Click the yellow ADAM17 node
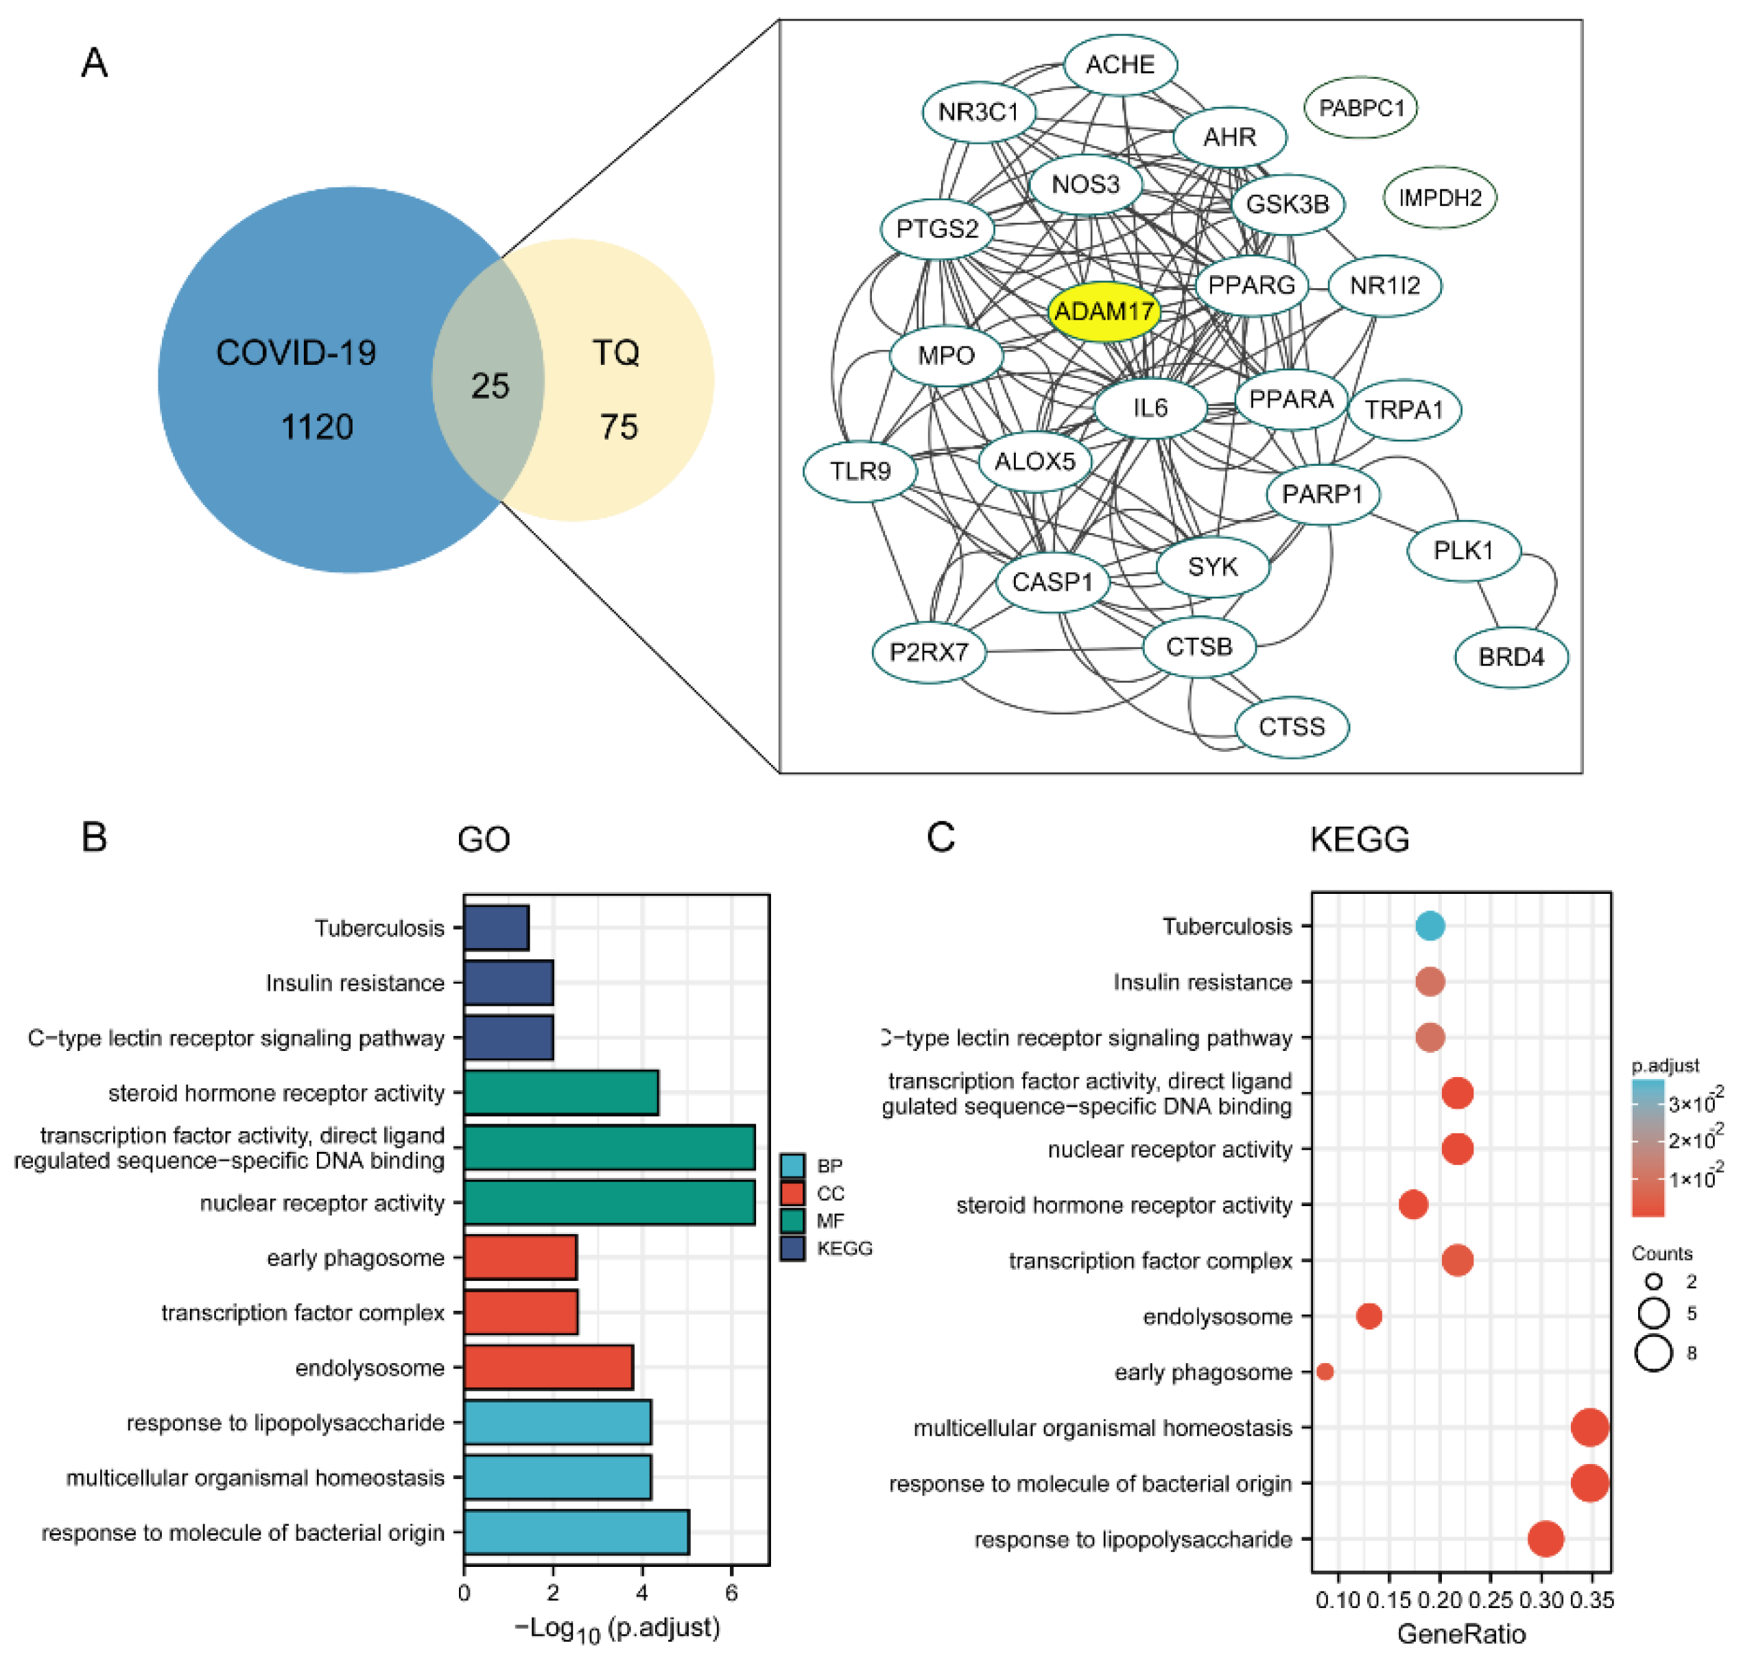point(1103,311)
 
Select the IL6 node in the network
point(1150,408)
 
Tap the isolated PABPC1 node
point(1360,108)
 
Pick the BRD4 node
point(1511,658)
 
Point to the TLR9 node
point(860,471)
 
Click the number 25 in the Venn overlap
point(490,386)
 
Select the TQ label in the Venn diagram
point(616,353)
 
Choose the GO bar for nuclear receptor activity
point(609,1203)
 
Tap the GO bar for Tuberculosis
point(496,928)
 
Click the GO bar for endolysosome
point(549,1368)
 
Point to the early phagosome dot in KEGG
point(1325,1372)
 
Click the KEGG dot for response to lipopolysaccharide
point(1546,1539)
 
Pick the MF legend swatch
point(792,1221)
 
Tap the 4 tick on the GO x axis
point(641,1593)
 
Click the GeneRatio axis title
point(1461,1634)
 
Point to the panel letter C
point(940,837)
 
